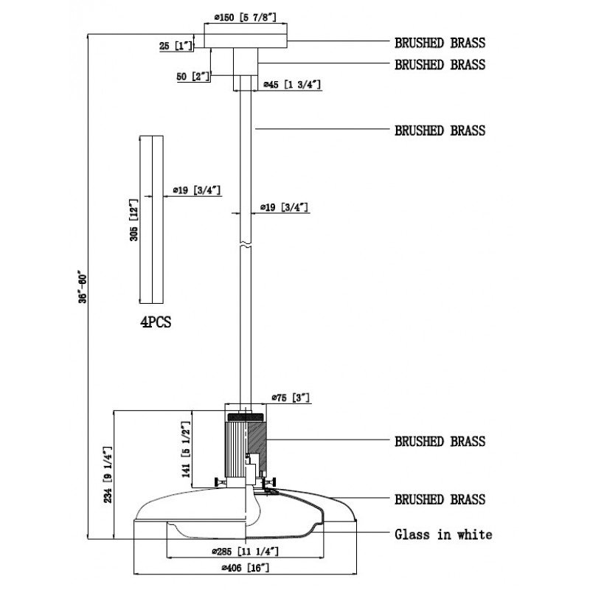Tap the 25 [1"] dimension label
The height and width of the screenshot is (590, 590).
[x=176, y=46]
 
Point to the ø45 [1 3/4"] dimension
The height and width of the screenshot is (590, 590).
[x=291, y=86]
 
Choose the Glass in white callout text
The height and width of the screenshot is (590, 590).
[x=443, y=534]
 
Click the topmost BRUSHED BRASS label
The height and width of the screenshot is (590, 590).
[x=440, y=42]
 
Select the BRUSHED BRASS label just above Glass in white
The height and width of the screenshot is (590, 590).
[x=440, y=499]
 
